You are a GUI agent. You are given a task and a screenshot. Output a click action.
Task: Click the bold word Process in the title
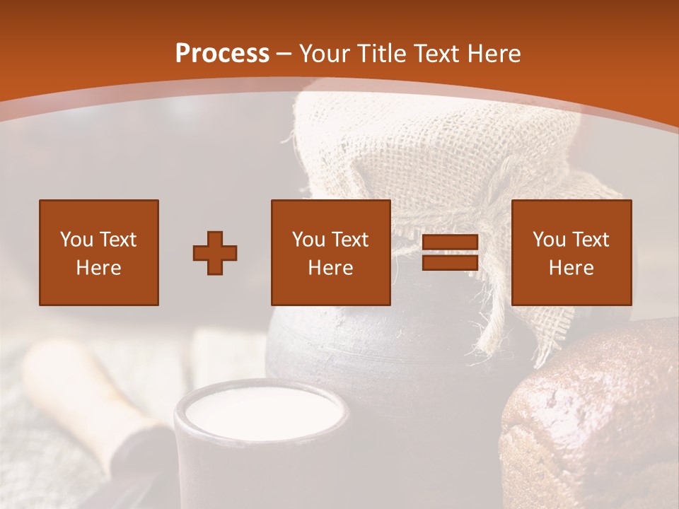[x=222, y=53]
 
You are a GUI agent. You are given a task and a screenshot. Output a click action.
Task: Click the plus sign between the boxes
[x=215, y=252]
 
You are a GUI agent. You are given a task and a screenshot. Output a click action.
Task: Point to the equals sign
[x=451, y=252]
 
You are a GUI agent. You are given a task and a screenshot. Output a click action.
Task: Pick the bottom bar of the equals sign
[x=451, y=262]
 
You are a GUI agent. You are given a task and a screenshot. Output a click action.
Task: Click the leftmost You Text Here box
[x=99, y=252]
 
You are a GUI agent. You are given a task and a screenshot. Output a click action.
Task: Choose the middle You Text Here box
[x=331, y=252]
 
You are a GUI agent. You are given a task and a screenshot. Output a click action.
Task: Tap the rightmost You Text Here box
[x=571, y=252]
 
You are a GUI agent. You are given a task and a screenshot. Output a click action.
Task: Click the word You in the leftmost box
[x=76, y=240]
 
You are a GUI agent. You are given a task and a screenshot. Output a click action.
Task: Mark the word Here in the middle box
[x=331, y=268]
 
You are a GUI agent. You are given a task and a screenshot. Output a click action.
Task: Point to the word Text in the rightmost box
[x=590, y=240]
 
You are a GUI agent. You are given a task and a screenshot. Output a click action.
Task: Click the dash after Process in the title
[x=284, y=54]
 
